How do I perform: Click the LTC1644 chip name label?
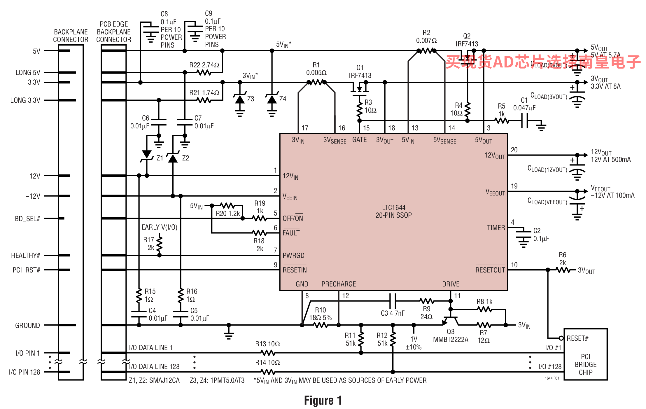click(x=393, y=211)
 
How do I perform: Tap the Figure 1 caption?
click(x=323, y=401)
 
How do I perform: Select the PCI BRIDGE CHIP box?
click(x=585, y=354)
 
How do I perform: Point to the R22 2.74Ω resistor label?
click(x=204, y=65)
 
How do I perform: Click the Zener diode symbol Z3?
click(x=240, y=99)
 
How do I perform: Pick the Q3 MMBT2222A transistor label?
click(x=451, y=335)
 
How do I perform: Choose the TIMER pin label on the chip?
click(x=496, y=228)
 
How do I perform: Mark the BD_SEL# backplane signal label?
click(x=27, y=219)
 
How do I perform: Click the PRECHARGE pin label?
click(x=338, y=284)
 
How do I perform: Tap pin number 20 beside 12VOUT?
click(x=514, y=150)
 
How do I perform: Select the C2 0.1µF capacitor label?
click(x=541, y=235)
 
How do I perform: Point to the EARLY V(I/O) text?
click(x=159, y=227)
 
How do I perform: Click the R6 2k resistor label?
click(x=562, y=259)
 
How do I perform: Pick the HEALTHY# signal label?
click(x=25, y=256)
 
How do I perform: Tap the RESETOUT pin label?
click(x=490, y=270)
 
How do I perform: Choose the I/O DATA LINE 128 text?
click(x=154, y=367)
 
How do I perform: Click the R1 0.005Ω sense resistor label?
click(x=316, y=69)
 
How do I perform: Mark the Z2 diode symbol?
click(x=173, y=158)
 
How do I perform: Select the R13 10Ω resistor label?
click(x=267, y=344)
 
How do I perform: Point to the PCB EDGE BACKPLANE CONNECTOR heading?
click(x=114, y=32)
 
